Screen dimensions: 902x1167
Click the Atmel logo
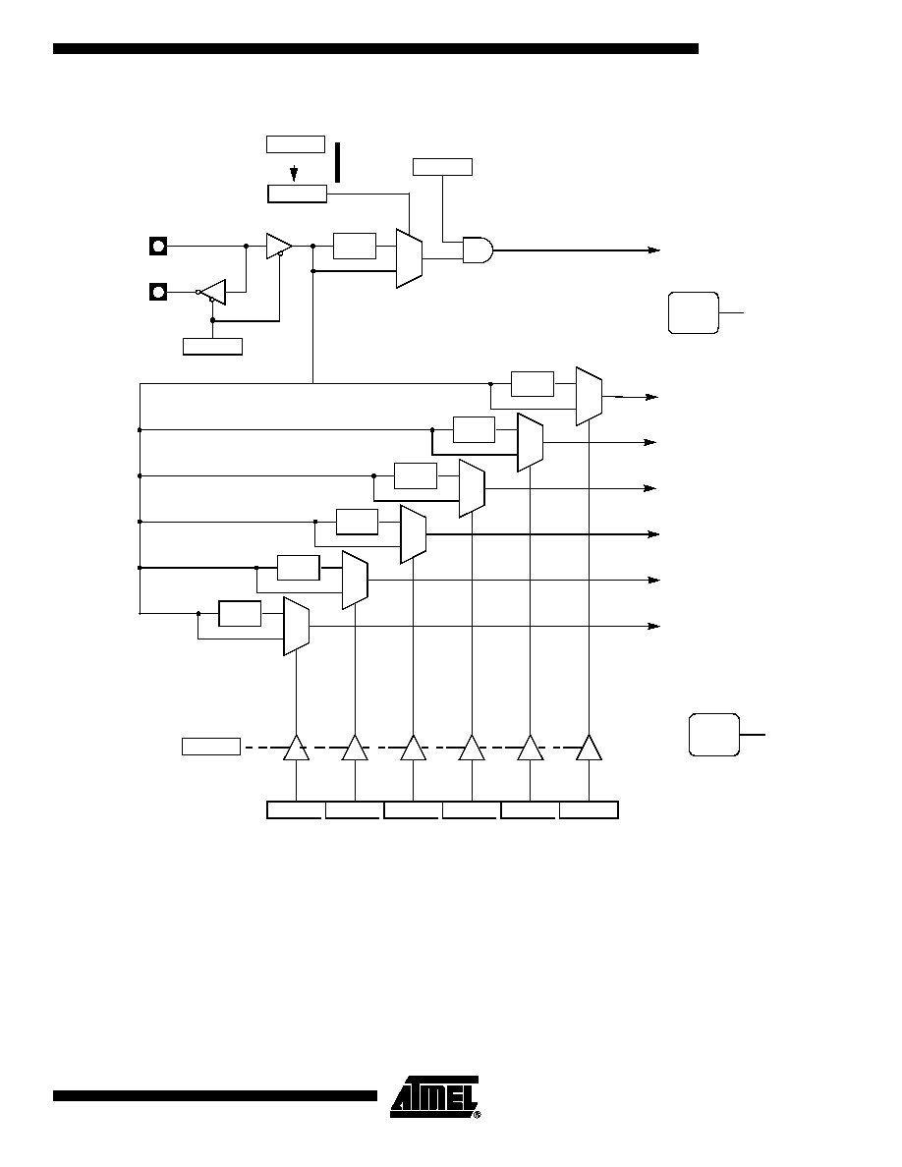pos(435,1097)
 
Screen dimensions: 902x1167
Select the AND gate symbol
pos(478,250)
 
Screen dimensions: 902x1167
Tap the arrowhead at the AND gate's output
pos(654,250)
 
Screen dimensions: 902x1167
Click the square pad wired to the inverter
pos(158,291)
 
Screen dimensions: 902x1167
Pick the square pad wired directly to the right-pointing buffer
pos(158,245)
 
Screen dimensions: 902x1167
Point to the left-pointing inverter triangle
pos(213,292)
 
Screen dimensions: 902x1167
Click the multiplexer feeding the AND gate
pos(410,258)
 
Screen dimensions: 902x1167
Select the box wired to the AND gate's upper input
pos(443,167)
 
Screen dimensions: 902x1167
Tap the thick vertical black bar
pos(337,162)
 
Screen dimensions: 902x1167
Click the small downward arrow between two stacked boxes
pos(294,173)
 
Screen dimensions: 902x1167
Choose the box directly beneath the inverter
pos(213,346)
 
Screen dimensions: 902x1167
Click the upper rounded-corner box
pos(694,312)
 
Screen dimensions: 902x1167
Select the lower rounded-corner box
pos(714,735)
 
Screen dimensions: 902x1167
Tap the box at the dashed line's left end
pos(211,747)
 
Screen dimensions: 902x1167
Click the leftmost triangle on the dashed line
pos(296,748)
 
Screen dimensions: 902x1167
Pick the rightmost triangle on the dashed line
pos(589,748)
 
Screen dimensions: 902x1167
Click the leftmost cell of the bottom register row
pos(296,809)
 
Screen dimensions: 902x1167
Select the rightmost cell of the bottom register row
pos(589,809)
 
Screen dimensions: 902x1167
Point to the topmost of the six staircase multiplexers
pos(589,396)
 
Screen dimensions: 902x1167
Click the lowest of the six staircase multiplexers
pos(296,626)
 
